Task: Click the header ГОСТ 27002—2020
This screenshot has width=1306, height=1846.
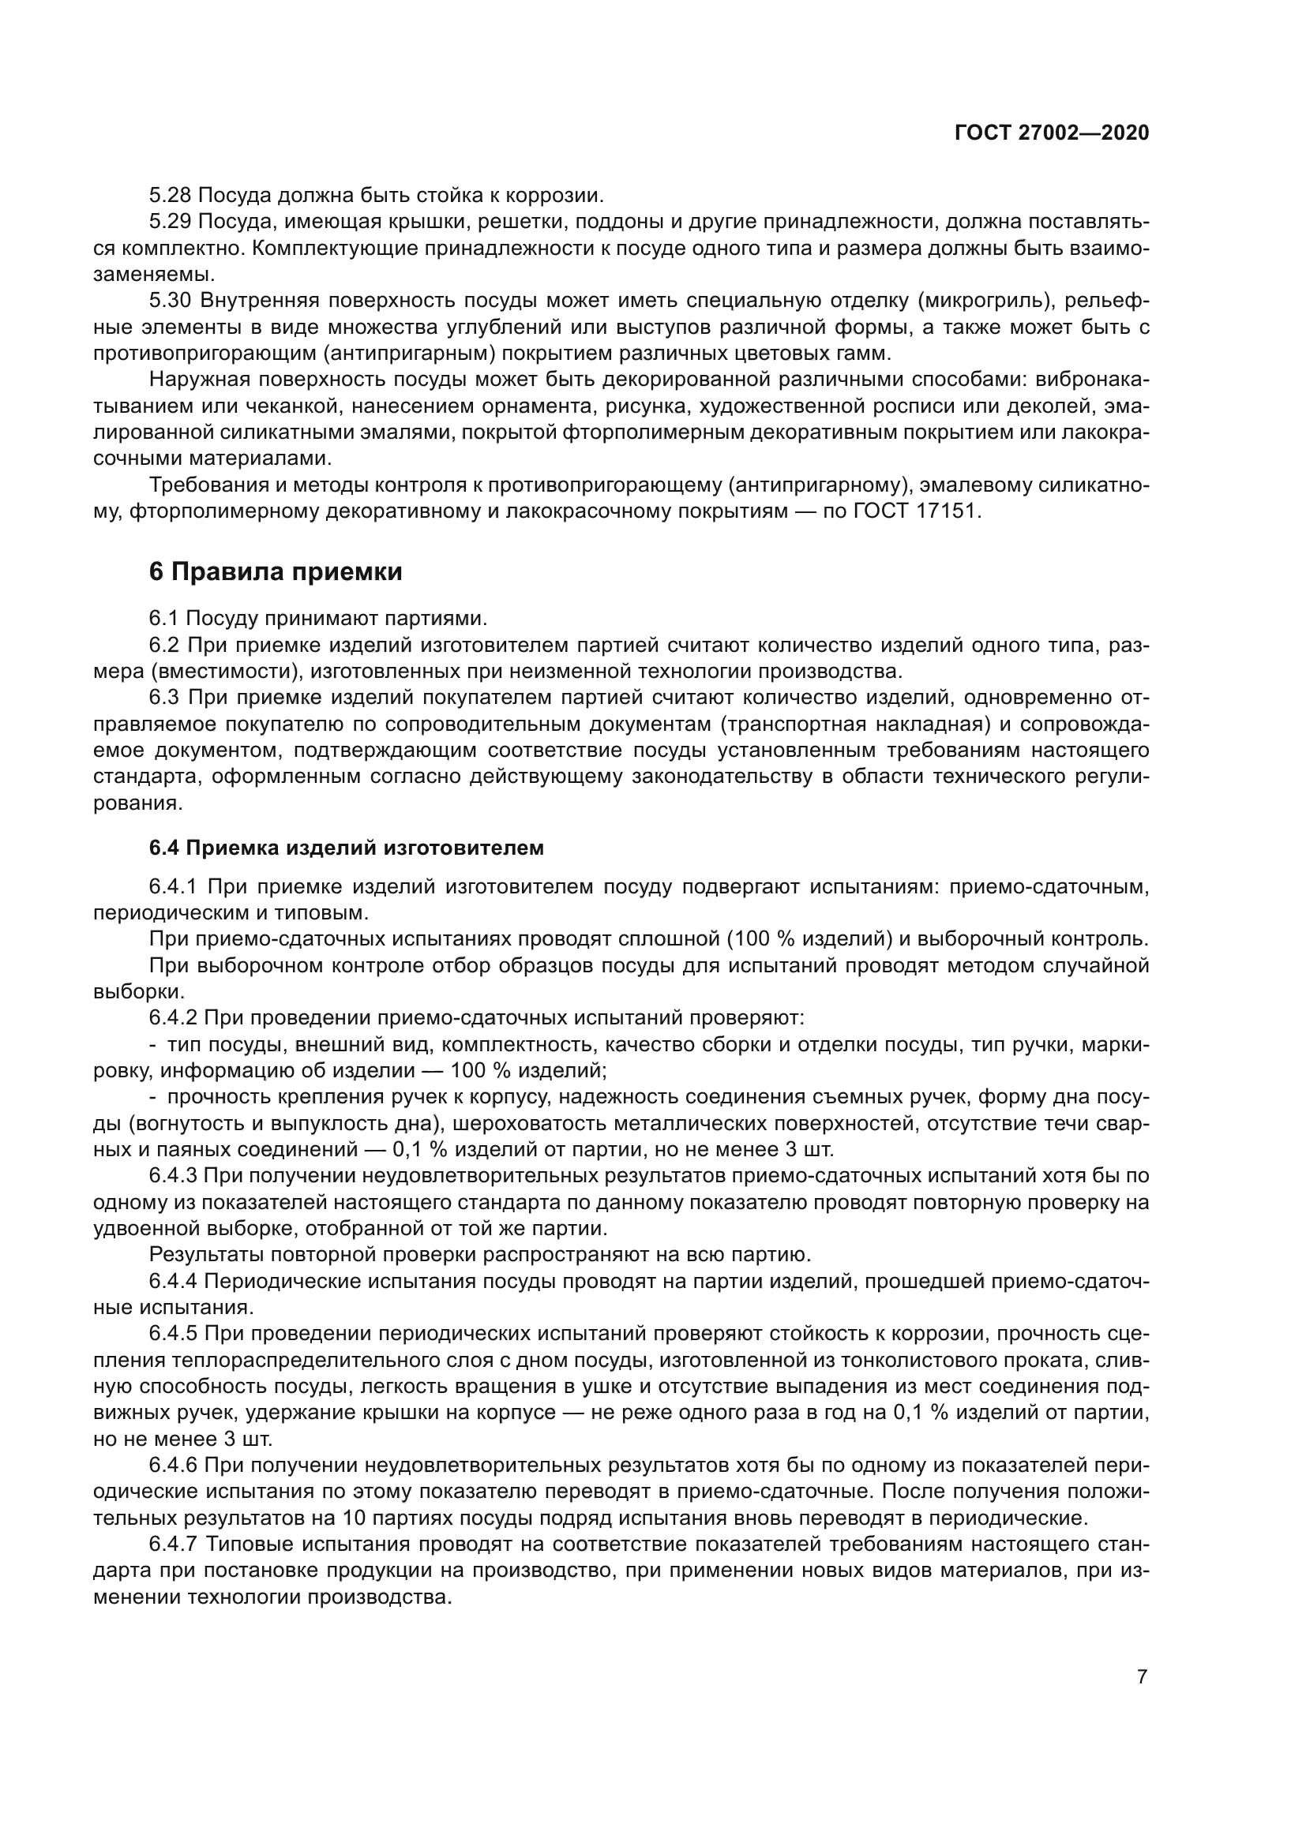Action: coord(1051,133)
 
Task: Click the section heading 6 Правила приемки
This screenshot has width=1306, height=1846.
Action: coord(275,571)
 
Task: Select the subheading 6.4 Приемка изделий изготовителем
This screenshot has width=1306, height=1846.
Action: coord(346,848)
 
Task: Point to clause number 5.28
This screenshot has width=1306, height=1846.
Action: coord(170,196)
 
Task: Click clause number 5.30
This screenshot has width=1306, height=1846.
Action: coord(170,301)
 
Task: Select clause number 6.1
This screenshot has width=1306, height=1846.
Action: coord(163,618)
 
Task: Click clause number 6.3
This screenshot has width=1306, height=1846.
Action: coord(163,697)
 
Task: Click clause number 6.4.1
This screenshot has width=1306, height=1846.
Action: coord(173,887)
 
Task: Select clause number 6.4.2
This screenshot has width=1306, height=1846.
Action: coord(173,1018)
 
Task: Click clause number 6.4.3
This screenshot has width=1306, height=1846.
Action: coord(173,1175)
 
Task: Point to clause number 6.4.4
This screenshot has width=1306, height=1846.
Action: coord(173,1281)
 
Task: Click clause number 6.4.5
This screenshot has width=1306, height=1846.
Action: coord(173,1334)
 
